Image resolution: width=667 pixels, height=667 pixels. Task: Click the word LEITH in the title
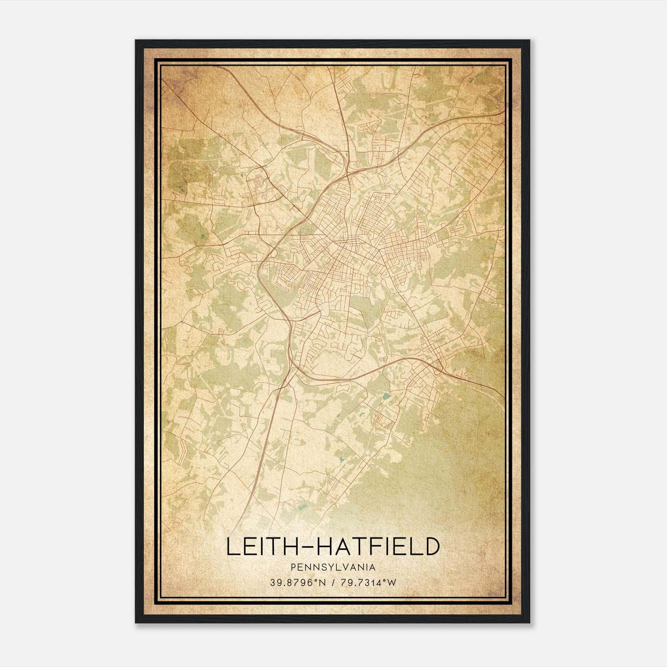(258, 547)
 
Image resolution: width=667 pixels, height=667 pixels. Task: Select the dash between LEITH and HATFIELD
(303, 547)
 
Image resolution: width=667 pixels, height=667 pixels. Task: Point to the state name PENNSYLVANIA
(333, 567)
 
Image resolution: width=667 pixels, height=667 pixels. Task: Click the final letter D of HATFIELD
(432, 547)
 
